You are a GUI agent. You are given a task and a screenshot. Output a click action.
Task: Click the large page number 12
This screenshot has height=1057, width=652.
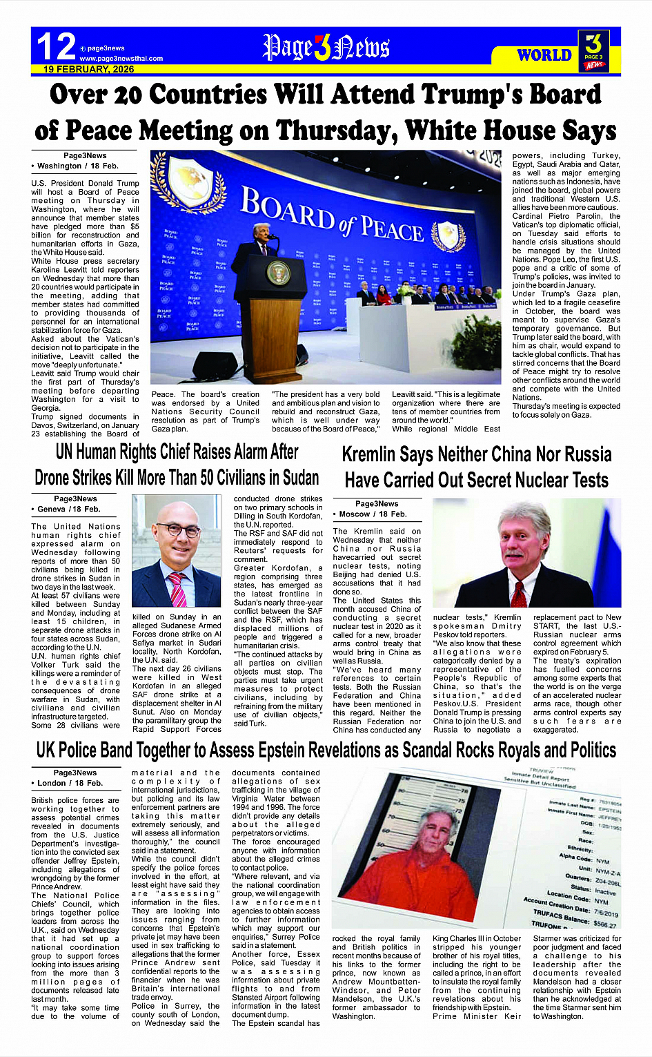tap(56, 47)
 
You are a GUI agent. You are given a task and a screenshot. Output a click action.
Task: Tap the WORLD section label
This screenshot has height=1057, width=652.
tap(544, 55)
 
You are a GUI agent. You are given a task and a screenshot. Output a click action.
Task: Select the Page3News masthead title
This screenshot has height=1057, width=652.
tap(326, 48)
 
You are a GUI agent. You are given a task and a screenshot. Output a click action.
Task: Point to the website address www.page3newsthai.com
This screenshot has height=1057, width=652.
tap(121, 59)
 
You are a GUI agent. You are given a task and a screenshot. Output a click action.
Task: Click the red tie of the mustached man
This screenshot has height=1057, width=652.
tap(518, 593)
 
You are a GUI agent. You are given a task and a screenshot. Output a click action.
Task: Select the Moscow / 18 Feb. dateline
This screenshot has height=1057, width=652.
tap(373, 514)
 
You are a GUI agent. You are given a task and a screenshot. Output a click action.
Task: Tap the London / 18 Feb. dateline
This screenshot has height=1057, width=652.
tap(70, 783)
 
